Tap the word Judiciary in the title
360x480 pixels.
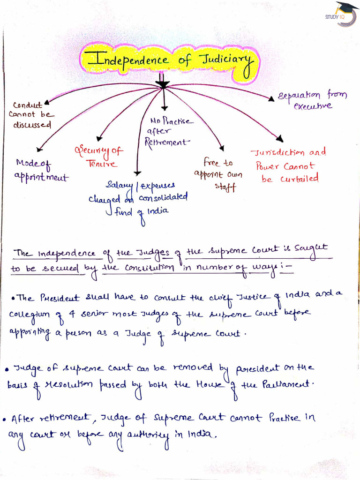[x=225, y=61]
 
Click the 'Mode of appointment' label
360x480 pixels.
[x=41, y=171]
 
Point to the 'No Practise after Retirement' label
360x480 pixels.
[x=168, y=132]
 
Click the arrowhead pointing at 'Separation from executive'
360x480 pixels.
[x=270, y=98]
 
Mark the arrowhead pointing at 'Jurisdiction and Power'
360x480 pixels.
[x=280, y=138]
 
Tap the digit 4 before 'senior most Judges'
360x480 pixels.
[x=73, y=314]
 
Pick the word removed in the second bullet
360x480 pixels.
[x=193, y=368]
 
